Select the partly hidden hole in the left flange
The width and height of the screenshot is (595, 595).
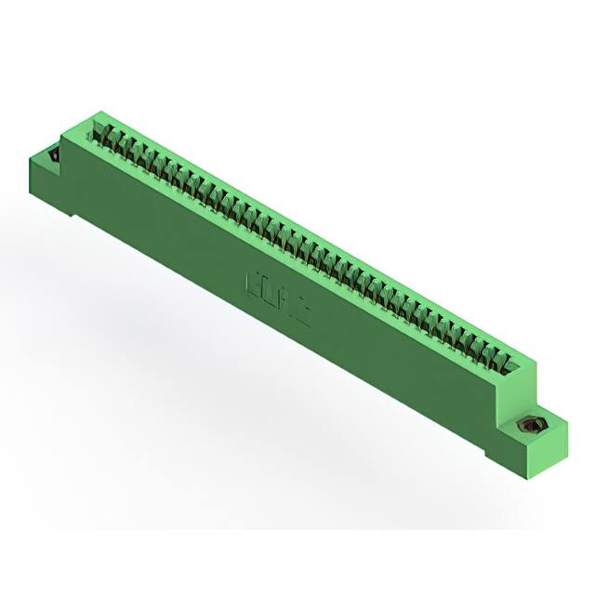[53, 155]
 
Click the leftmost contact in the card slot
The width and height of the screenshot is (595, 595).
[104, 136]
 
